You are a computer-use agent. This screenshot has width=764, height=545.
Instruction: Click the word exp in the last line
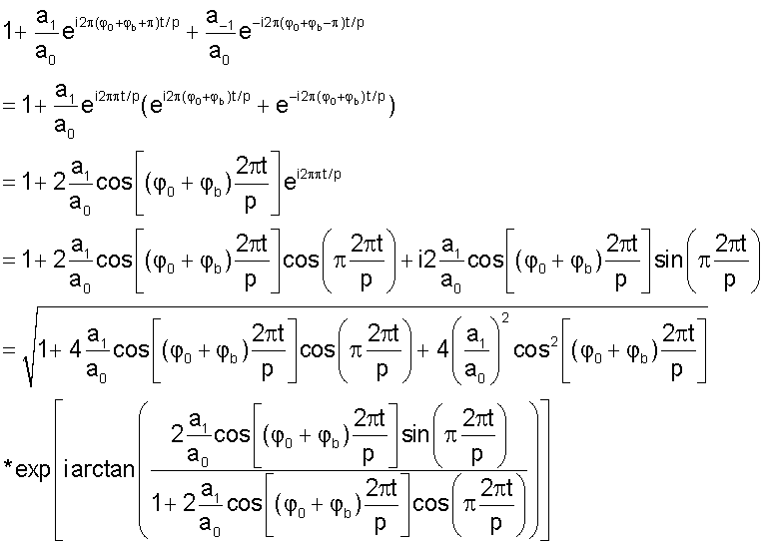pos(33,470)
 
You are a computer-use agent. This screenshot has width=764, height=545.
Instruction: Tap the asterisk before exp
pos(8,465)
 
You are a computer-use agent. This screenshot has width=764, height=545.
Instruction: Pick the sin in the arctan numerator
pos(415,433)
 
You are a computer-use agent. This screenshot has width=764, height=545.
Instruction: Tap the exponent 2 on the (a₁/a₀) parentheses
pos(505,318)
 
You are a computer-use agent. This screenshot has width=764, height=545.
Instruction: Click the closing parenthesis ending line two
pos(391,106)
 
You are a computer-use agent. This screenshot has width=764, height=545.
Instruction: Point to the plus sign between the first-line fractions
pos(193,33)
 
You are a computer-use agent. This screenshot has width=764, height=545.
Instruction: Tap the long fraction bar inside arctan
pos(340,470)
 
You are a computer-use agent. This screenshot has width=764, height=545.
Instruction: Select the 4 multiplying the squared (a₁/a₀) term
pos(442,349)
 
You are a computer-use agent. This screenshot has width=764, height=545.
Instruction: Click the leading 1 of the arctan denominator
pos(157,503)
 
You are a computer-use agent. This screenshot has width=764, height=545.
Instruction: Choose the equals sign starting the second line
pos(9,105)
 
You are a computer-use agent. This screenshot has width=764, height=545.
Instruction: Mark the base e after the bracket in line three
pos(290,183)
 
